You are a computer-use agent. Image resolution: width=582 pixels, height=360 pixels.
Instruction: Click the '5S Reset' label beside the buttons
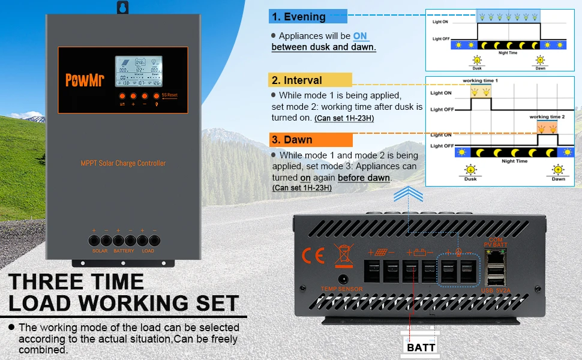click(x=170, y=95)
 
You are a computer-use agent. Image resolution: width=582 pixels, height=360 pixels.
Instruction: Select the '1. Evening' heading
click(x=298, y=17)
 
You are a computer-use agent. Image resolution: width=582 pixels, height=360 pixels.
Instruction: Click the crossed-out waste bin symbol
click(x=344, y=255)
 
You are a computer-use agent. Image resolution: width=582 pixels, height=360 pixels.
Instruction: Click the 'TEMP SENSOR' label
click(x=342, y=289)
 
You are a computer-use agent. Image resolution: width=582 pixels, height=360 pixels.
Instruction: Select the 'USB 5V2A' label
click(x=496, y=291)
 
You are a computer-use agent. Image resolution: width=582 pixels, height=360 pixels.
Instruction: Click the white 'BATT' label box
click(x=421, y=347)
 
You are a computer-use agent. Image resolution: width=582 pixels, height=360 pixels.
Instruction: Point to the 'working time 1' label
click(x=480, y=80)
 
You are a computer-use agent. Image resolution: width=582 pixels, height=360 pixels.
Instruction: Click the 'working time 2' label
click(x=547, y=117)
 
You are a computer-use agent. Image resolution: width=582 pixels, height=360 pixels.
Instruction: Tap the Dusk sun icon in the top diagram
click(x=477, y=60)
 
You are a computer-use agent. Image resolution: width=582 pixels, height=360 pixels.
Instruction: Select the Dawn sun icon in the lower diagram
click(x=558, y=169)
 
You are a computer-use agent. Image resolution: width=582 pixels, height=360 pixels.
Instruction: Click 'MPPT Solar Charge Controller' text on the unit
click(x=123, y=163)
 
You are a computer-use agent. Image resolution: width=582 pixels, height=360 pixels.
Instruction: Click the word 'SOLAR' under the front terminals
click(x=100, y=251)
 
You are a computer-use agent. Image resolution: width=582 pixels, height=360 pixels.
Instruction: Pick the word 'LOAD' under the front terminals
click(x=148, y=251)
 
